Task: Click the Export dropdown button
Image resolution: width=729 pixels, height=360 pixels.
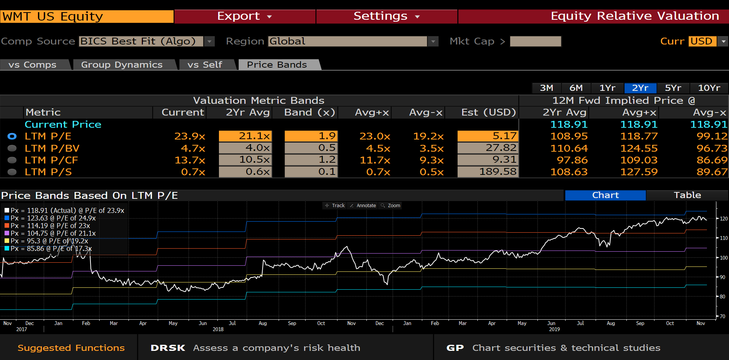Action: tap(244, 16)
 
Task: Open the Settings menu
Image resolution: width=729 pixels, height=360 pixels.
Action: tap(386, 16)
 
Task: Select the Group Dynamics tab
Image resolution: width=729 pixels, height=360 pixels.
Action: tap(122, 65)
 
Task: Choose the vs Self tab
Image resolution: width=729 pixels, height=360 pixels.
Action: tap(204, 65)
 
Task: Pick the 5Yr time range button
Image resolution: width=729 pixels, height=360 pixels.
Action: tap(673, 88)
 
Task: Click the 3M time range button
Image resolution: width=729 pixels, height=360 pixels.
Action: tap(547, 88)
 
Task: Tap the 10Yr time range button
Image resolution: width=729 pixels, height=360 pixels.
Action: tap(709, 88)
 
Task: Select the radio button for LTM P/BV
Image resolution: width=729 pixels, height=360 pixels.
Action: tap(12, 148)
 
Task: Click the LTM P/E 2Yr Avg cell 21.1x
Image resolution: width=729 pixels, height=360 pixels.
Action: tap(246, 136)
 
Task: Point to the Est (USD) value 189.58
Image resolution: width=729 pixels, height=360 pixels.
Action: tap(488, 172)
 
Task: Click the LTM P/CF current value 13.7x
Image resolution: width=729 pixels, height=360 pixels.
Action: tap(190, 160)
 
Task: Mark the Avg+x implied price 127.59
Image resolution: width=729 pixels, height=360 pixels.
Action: tap(639, 172)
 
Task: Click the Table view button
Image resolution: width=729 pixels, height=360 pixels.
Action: tap(687, 195)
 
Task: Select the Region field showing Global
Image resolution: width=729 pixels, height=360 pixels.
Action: tap(347, 41)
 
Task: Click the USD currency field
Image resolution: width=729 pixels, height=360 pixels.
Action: tap(702, 41)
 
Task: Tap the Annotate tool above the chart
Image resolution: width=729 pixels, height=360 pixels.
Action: tap(363, 206)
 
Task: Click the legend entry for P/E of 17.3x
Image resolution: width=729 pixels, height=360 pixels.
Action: tap(51, 249)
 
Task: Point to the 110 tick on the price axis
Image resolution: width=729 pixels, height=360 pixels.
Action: tap(723, 238)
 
